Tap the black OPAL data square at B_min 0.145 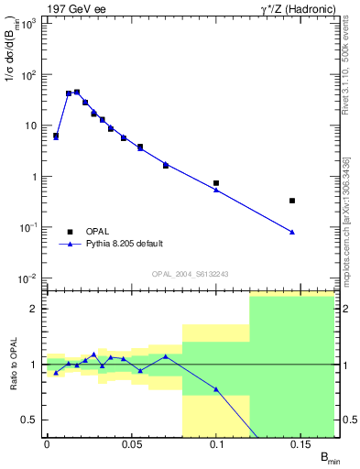[292, 200]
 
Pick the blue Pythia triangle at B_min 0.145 [292, 232]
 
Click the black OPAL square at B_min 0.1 [216, 183]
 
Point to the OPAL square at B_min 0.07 [166, 165]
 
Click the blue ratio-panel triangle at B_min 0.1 [216, 389]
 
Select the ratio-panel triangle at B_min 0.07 [166, 356]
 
